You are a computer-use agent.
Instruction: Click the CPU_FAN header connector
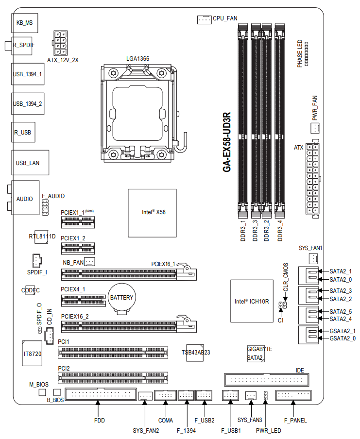tap(204, 19)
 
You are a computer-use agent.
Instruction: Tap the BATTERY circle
tap(121, 297)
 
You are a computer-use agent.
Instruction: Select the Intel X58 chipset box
tap(153, 213)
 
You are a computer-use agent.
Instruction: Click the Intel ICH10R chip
tap(252, 301)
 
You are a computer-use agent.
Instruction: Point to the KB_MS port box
tap(25, 23)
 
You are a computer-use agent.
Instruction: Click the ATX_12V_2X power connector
tap(60, 43)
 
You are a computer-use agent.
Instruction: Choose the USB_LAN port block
tap(30, 163)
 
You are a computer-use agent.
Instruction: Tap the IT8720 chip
tap(32, 354)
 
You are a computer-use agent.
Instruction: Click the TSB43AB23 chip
tap(195, 353)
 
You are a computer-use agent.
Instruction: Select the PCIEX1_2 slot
tap(78, 248)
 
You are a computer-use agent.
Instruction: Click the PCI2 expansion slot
tap(113, 378)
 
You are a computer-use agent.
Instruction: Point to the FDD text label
tap(100, 421)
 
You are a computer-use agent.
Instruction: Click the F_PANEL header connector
tap(293, 395)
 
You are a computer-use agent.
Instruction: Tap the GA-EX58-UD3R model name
tap(227, 142)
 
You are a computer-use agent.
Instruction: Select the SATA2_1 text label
tap(341, 271)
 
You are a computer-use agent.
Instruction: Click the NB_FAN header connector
tap(89, 261)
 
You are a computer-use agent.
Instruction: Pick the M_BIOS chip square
tap(42, 392)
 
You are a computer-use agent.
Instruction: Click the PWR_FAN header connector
tap(315, 128)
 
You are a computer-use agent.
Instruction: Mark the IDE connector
tap(266, 380)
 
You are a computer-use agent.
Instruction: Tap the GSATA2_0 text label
tap(343, 338)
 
